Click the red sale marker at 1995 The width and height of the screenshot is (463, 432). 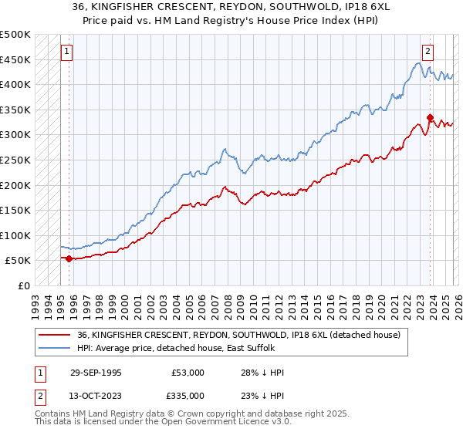pyautogui.click(x=69, y=258)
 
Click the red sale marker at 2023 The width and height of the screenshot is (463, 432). pyautogui.click(x=430, y=117)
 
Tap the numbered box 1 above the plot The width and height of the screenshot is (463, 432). pyautogui.click(x=67, y=52)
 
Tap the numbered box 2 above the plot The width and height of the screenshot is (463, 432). pyautogui.click(x=427, y=52)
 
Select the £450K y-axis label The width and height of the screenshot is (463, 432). pyautogui.click(x=15, y=59)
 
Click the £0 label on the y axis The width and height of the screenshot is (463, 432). pyautogui.click(x=23, y=285)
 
